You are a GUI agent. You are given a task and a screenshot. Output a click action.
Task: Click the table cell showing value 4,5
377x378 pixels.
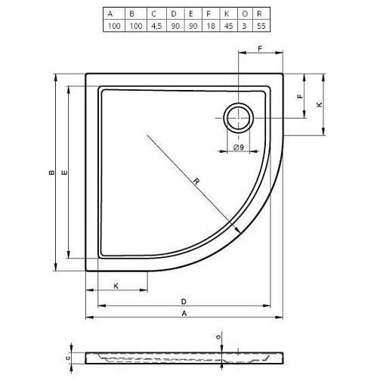[156, 26]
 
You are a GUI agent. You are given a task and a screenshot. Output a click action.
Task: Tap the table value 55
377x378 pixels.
[261, 26]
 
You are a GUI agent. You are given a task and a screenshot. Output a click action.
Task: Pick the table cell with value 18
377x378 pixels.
[211, 26]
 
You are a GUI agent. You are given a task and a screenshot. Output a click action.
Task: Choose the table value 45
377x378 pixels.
[228, 26]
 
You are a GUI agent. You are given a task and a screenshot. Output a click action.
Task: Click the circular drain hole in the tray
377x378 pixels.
[238, 118]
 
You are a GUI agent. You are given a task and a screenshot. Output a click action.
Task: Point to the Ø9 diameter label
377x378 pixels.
[239, 147]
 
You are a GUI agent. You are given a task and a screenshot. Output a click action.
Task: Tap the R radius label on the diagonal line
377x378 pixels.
[196, 181]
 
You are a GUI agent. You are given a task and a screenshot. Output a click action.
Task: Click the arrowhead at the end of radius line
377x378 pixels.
[237, 231]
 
